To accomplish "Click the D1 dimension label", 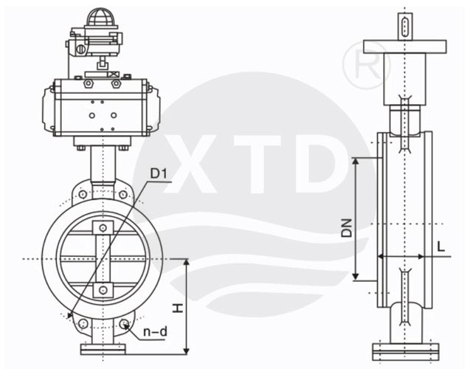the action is (x=159, y=173).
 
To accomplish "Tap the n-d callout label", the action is (x=155, y=332).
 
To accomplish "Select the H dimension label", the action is (x=178, y=308).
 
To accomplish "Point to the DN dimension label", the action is (x=347, y=228).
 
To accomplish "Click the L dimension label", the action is (x=441, y=247).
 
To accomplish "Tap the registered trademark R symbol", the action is (x=367, y=65).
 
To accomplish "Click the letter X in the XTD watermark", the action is (x=190, y=164).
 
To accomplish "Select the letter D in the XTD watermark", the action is (x=320, y=164).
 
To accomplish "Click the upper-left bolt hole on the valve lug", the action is (x=83, y=194).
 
